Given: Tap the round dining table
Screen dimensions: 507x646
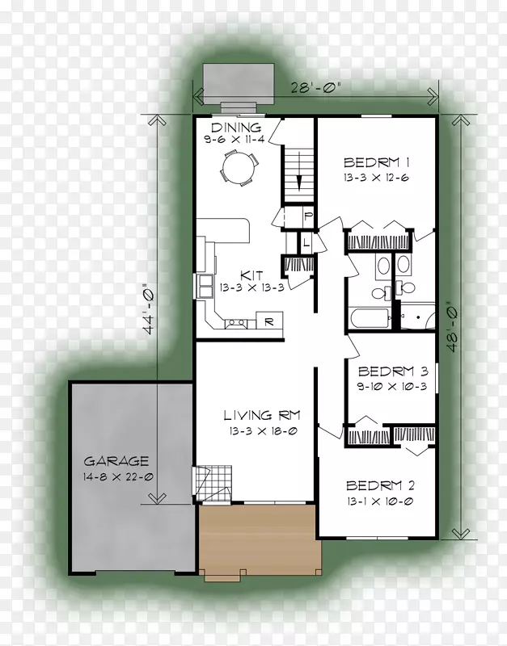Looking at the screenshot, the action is [x=239, y=169].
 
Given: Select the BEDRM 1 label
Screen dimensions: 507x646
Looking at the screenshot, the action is [x=376, y=162].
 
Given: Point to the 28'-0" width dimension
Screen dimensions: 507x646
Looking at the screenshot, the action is [x=315, y=87].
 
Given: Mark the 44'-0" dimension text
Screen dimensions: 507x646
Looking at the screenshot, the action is [x=149, y=308].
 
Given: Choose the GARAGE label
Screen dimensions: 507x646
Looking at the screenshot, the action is [x=116, y=460].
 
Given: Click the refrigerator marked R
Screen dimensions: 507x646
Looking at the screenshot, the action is [x=269, y=321].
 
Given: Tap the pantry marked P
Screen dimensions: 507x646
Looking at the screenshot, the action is [x=308, y=216].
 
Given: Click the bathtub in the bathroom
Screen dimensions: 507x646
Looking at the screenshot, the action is [x=370, y=318].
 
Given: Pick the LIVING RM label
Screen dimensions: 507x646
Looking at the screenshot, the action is [x=261, y=415].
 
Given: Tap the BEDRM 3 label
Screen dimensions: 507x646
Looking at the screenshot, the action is [x=393, y=371].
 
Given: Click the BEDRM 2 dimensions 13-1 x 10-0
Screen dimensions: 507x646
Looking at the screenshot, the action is [x=379, y=501].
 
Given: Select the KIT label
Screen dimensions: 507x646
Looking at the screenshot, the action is [x=251, y=275].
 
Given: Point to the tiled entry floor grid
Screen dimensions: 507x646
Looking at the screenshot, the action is [x=213, y=483].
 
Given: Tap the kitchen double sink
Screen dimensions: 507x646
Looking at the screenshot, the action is [x=205, y=286].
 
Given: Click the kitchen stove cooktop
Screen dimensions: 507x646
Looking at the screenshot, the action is [x=236, y=324].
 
